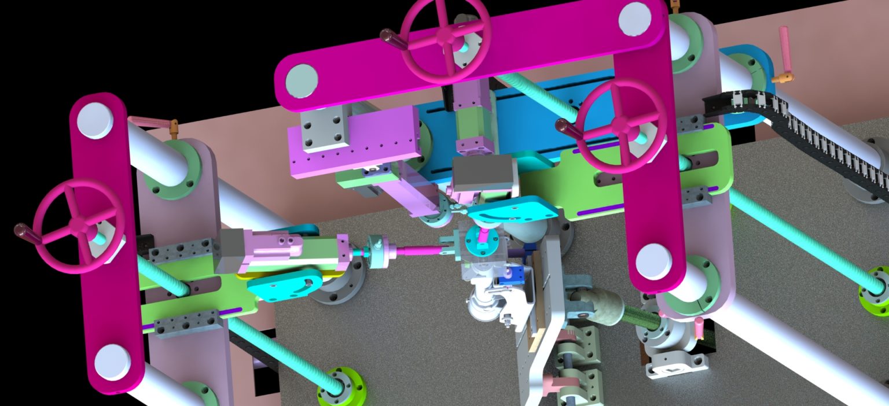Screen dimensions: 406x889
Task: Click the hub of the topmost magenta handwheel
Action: point(446,36)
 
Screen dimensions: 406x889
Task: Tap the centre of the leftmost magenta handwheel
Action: point(77,224)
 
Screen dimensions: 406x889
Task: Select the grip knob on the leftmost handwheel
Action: point(24,232)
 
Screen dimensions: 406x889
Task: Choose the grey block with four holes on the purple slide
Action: point(324,131)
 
